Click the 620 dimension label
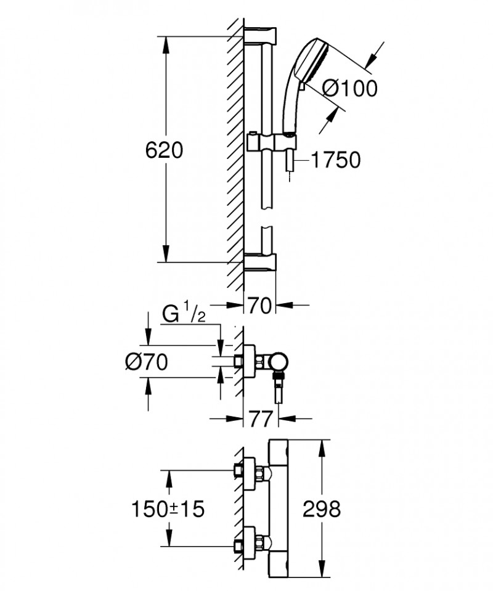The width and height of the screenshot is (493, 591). (x=165, y=150)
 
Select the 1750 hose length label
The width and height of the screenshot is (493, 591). (x=335, y=161)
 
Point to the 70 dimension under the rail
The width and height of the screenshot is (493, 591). (x=260, y=305)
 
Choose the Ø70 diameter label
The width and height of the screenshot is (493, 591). (x=146, y=364)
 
